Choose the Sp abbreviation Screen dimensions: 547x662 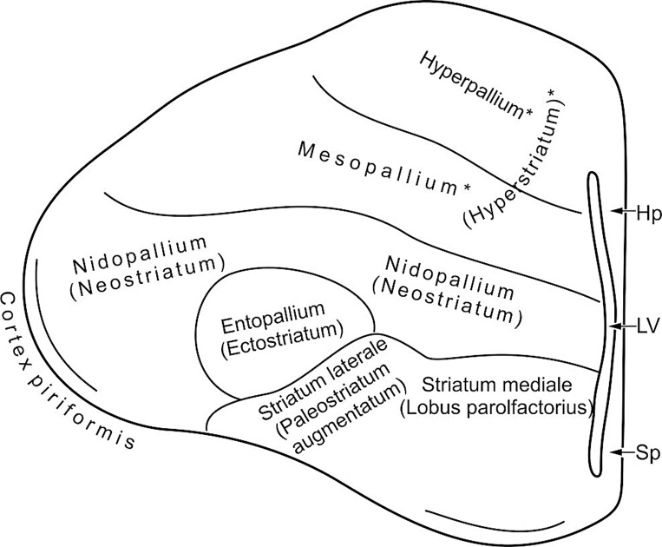point(641,453)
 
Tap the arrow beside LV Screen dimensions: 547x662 point(622,326)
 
